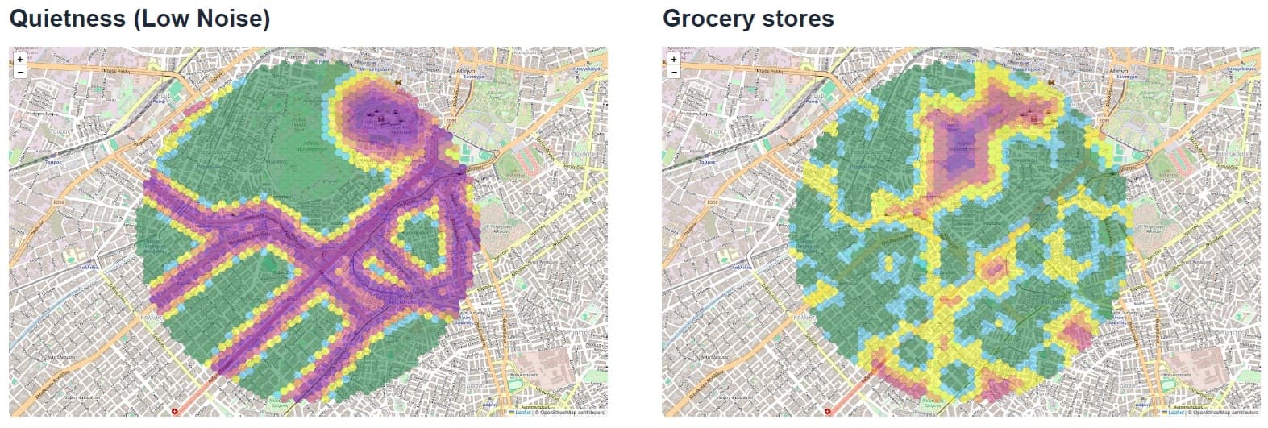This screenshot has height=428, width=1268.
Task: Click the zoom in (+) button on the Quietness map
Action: (20, 59)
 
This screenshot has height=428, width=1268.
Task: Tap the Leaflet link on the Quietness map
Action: (522, 413)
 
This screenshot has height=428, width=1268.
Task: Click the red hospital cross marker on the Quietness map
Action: (177, 411)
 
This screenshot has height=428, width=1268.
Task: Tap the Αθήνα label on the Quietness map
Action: (466, 70)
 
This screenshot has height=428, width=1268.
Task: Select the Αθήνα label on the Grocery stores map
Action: (1120, 70)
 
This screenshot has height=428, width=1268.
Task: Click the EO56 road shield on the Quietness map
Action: (57, 202)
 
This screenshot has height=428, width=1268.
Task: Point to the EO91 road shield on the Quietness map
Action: (451, 121)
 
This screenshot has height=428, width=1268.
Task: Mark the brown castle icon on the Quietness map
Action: (398, 82)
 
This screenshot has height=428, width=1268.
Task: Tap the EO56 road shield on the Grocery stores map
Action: (711, 202)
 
